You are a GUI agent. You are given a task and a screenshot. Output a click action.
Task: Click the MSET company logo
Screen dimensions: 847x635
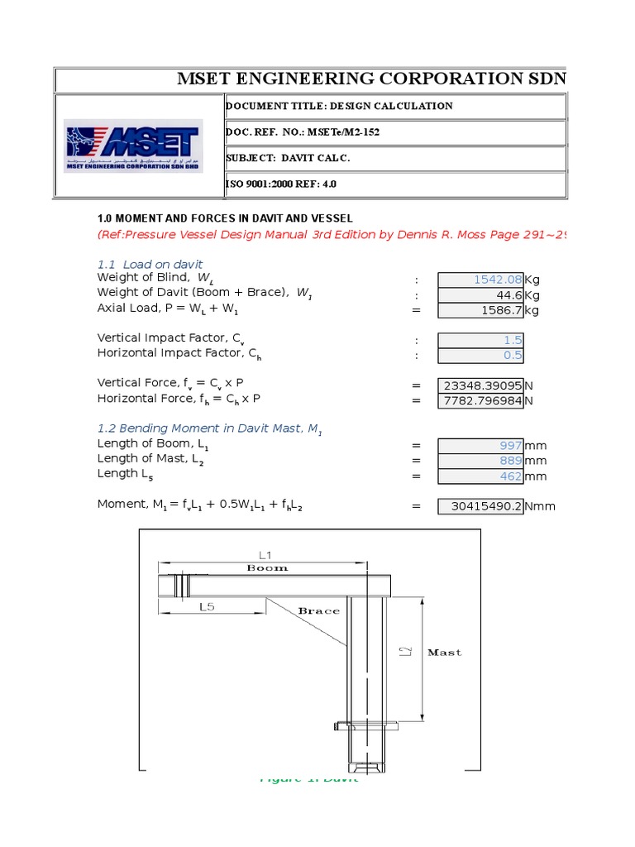point(132,146)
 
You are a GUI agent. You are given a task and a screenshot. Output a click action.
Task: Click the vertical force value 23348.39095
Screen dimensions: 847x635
point(480,385)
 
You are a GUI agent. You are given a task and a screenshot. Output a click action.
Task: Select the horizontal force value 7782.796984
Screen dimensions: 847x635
point(480,401)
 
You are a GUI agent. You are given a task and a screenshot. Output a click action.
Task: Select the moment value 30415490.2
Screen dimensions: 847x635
point(480,506)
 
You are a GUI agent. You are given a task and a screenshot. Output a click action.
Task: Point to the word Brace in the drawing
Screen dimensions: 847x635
point(318,610)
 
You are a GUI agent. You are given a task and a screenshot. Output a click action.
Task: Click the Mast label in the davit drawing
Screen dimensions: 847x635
point(444,652)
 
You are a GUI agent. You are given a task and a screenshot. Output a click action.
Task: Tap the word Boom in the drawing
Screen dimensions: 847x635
point(268,568)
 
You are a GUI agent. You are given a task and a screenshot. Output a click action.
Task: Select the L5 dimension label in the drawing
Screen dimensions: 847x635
point(207,606)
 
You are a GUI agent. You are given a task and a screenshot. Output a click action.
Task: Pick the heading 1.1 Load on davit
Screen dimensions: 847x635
point(150,264)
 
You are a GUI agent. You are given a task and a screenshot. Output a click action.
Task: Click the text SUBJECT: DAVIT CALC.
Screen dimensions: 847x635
point(288,158)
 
